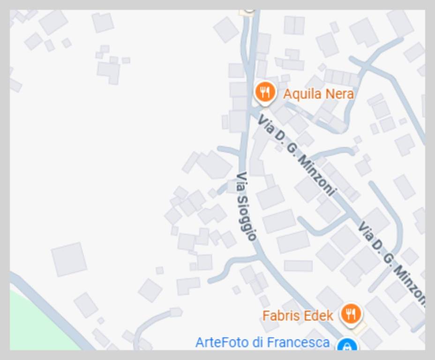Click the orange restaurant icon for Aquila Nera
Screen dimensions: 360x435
coord(265,91)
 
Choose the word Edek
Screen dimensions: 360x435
coord(318,315)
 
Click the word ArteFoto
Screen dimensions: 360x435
coord(222,343)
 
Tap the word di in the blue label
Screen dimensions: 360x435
coord(257,343)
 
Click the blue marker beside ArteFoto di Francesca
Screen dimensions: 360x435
coord(347,346)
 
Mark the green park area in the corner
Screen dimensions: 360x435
coord(37,323)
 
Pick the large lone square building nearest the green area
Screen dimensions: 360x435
coord(69,259)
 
